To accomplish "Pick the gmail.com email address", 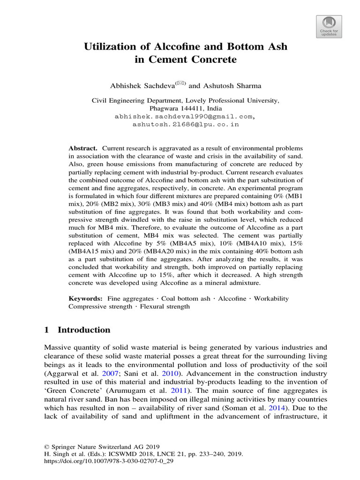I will point(185,117).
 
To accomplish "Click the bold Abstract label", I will point(82,148).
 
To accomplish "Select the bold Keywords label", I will point(85,299).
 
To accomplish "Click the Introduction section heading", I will point(83,330).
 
